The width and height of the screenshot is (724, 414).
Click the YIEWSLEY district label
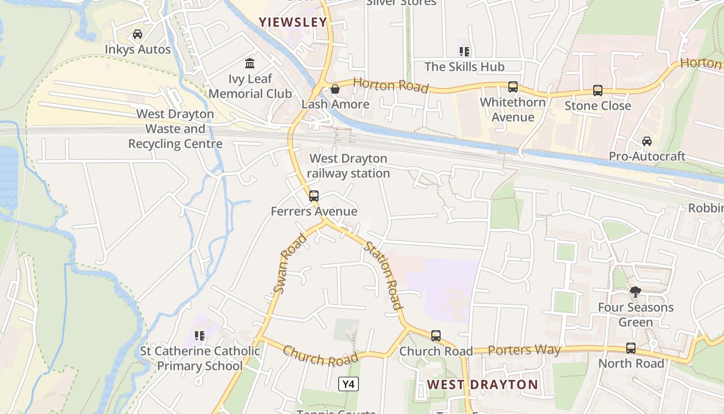pyautogui.click(x=293, y=22)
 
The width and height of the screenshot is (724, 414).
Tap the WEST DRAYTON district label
pyautogui.click(x=482, y=385)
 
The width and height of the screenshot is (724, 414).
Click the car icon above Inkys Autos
pyautogui.click(x=138, y=35)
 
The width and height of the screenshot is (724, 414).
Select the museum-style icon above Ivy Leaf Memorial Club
pyautogui.click(x=250, y=64)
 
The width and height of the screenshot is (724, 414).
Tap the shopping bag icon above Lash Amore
pyautogui.click(x=335, y=89)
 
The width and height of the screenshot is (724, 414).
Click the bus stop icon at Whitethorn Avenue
pyautogui.click(x=512, y=87)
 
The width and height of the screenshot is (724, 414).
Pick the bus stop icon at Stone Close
pyautogui.click(x=598, y=91)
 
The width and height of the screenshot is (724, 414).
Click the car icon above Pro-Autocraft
pyautogui.click(x=647, y=141)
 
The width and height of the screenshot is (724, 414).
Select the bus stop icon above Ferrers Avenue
pyautogui.click(x=314, y=196)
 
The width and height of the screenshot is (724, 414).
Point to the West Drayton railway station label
pyautogui.click(x=348, y=166)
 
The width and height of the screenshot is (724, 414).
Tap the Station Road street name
pyautogui.click(x=383, y=275)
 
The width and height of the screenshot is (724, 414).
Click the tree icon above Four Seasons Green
pyautogui.click(x=636, y=292)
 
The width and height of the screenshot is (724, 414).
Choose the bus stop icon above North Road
pyautogui.click(x=631, y=348)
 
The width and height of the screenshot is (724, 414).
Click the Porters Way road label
pyautogui.click(x=524, y=350)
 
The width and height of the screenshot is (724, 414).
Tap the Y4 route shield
pyautogui.click(x=349, y=384)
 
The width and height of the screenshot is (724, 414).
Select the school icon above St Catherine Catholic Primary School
pyautogui.click(x=200, y=336)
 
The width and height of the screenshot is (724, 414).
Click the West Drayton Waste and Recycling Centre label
pyautogui.click(x=175, y=129)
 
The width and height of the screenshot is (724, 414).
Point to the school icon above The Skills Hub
pyautogui.click(x=464, y=51)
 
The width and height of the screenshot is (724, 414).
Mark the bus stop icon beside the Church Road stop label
pyautogui.click(x=436, y=336)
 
